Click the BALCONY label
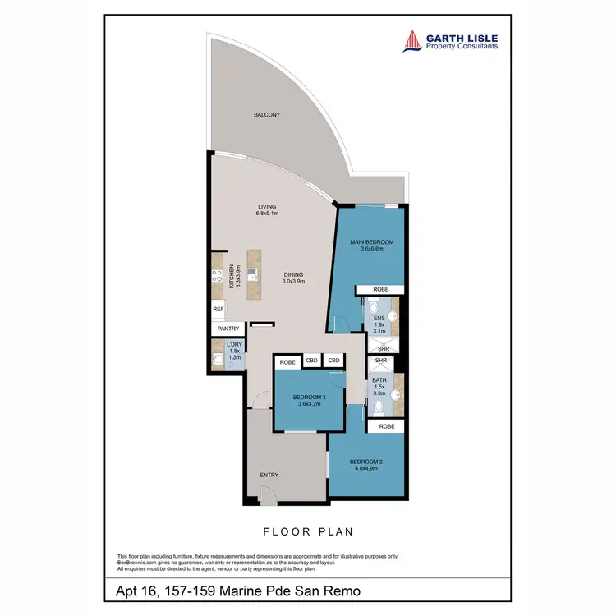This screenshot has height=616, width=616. (266, 115)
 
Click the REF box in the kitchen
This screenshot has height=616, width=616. (218, 310)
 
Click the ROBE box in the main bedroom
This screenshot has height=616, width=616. (380, 290)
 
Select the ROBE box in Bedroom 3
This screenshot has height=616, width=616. (287, 362)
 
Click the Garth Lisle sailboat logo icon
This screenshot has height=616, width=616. (411, 41)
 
